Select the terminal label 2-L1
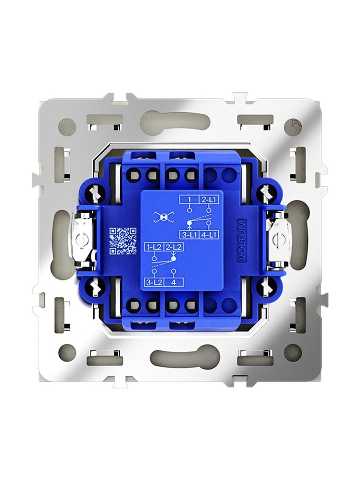(209, 199)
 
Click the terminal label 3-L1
(189, 235)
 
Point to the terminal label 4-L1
(209, 235)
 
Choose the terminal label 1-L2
(154, 247)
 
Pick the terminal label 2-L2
(173, 247)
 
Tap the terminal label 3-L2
(154, 283)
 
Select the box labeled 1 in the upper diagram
(189, 199)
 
